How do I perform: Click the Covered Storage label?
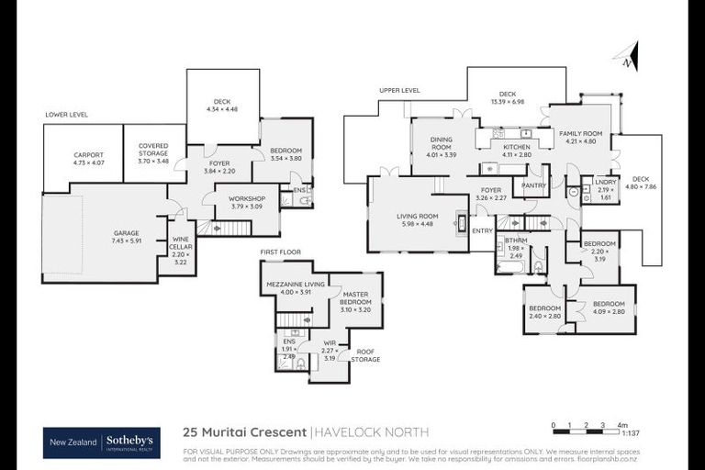[x=153, y=152]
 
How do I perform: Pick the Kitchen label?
[x=517, y=151]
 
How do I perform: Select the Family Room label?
[x=579, y=137]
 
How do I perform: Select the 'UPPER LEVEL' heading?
[x=399, y=90]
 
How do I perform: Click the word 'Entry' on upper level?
[x=482, y=231]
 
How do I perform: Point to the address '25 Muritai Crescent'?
[x=245, y=431]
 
